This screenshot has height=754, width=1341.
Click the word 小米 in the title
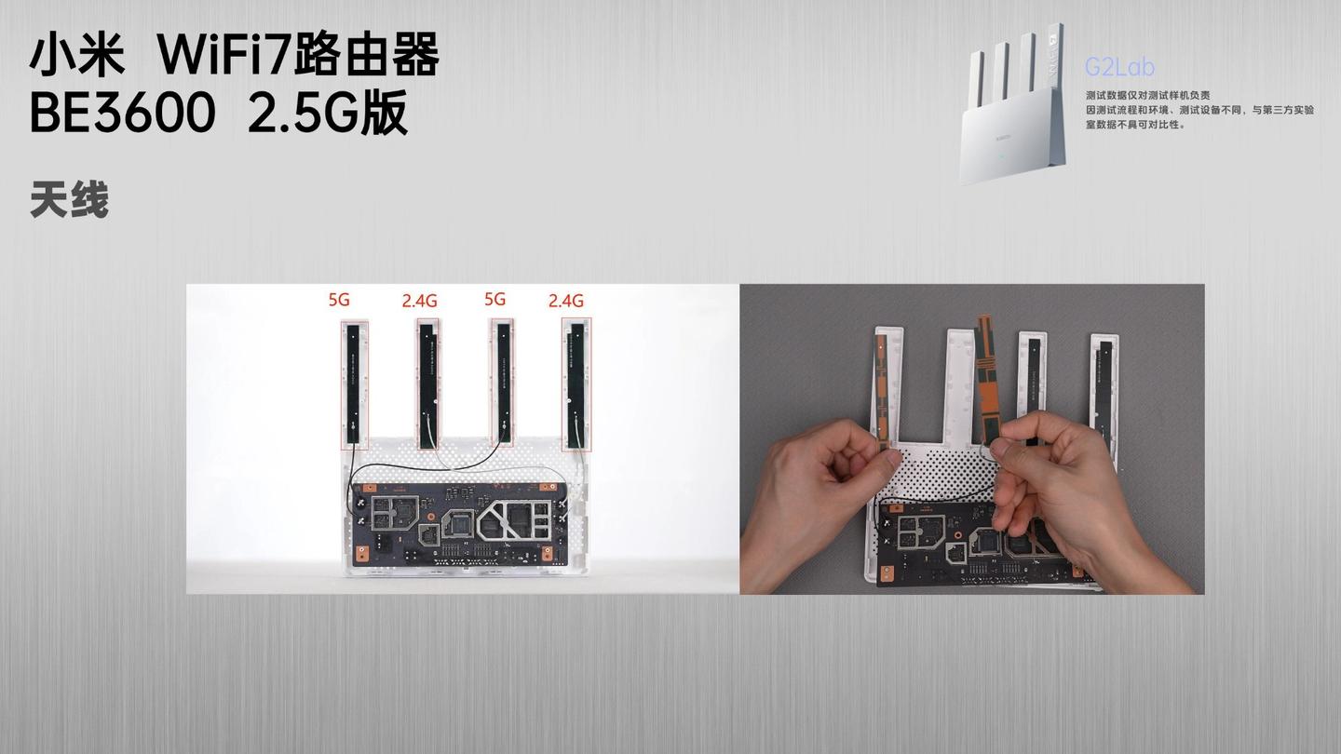click(77, 55)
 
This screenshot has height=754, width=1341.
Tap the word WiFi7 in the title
click(223, 55)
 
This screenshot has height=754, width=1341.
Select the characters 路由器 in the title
click(366, 55)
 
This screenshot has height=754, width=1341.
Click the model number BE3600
click(122, 113)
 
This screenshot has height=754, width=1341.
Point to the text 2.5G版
click(328, 113)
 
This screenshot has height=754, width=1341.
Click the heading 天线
click(70, 200)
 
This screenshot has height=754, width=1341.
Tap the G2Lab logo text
click(1119, 67)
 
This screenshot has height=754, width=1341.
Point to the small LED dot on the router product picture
click(1003, 158)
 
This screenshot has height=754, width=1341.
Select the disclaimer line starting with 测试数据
click(1147, 95)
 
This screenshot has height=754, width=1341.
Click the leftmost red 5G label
click(339, 300)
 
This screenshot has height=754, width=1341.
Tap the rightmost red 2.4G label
click(566, 301)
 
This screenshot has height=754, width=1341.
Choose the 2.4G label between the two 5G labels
click(419, 301)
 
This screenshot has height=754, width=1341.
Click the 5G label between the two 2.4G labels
click(495, 299)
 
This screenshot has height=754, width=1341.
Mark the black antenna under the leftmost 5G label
click(353, 384)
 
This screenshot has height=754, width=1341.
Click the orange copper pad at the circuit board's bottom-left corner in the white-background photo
click(361, 554)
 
